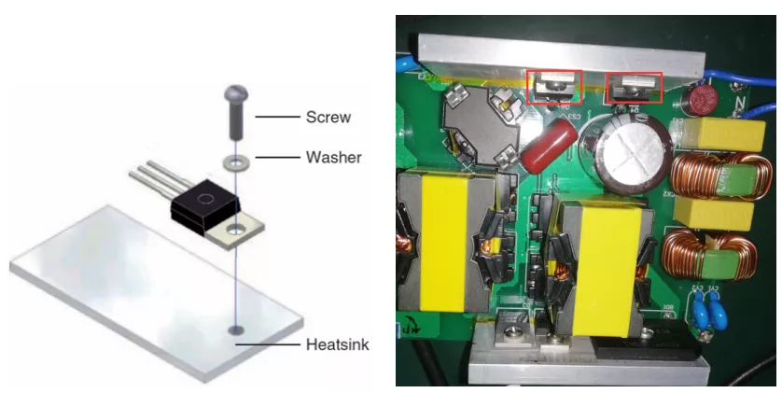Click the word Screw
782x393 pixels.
click(x=328, y=118)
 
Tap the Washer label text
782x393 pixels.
click(x=334, y=157)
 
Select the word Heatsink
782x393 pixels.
click(x=338, y=344)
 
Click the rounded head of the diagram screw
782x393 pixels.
click(x=236, y=92)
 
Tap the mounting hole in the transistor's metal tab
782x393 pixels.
click(x=236, y=231)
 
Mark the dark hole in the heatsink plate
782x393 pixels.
click(x=236, y=330)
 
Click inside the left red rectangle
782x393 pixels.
click(x=554, y=87)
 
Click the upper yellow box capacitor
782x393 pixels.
click(x=722, y=134)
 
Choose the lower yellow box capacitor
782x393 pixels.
click(x=714, y=214)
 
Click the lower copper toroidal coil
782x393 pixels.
click(x=708, y=254)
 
